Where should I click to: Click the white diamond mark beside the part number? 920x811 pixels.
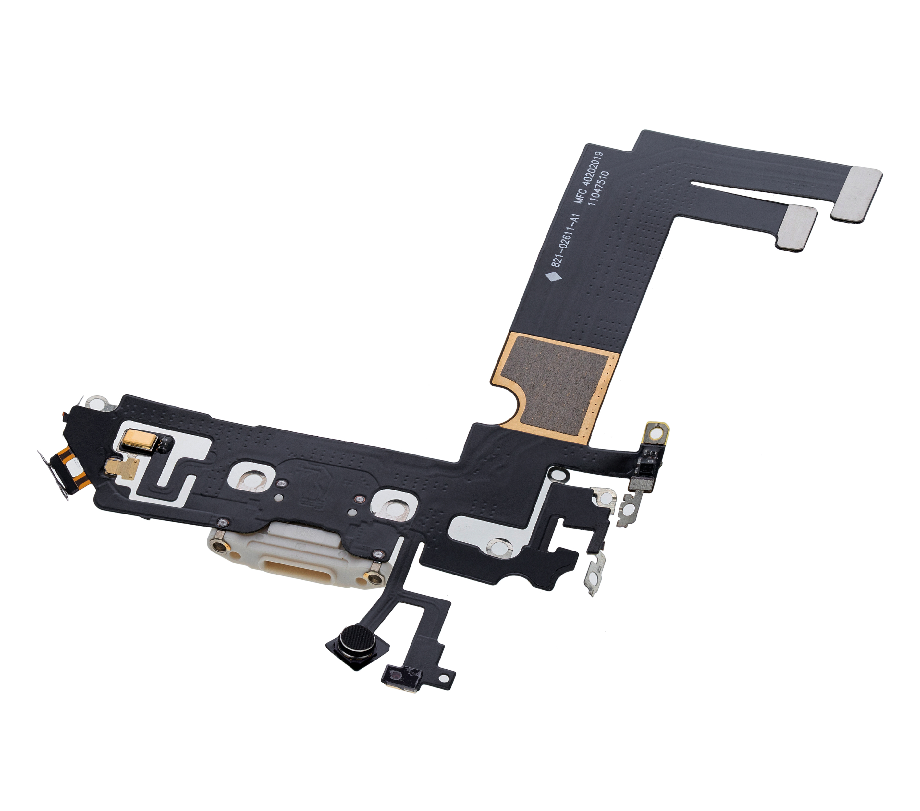[x=553, y=277]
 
